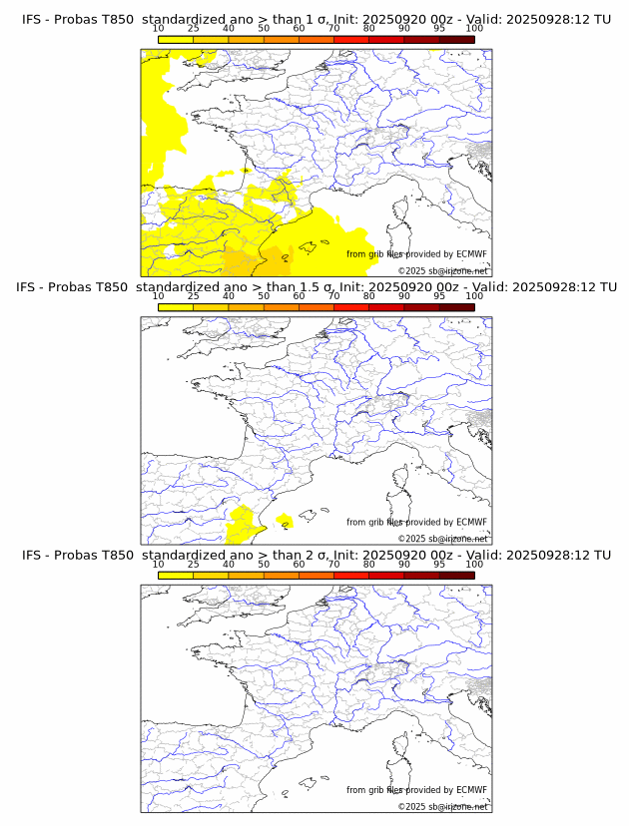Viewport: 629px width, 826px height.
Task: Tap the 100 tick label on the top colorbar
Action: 474,28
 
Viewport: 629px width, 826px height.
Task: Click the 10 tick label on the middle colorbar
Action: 159,296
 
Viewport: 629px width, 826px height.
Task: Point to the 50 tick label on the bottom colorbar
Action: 264,565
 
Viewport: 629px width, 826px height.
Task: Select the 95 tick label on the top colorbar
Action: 439,28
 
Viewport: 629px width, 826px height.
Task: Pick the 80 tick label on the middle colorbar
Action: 369,296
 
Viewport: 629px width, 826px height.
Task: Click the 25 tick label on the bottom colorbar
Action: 194,565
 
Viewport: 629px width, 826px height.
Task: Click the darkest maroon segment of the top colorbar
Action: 456,39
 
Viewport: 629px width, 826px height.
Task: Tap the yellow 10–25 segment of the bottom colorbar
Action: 176,576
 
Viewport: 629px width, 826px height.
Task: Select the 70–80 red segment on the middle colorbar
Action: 351,307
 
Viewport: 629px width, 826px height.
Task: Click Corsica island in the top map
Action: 401,210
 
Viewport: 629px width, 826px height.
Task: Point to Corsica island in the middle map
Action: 401,479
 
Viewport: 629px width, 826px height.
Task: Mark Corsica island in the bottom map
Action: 401,747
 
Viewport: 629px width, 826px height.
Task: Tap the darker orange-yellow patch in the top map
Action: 245,261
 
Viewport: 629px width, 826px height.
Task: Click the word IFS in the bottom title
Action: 32,556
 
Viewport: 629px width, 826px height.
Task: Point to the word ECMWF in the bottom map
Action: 471,790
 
